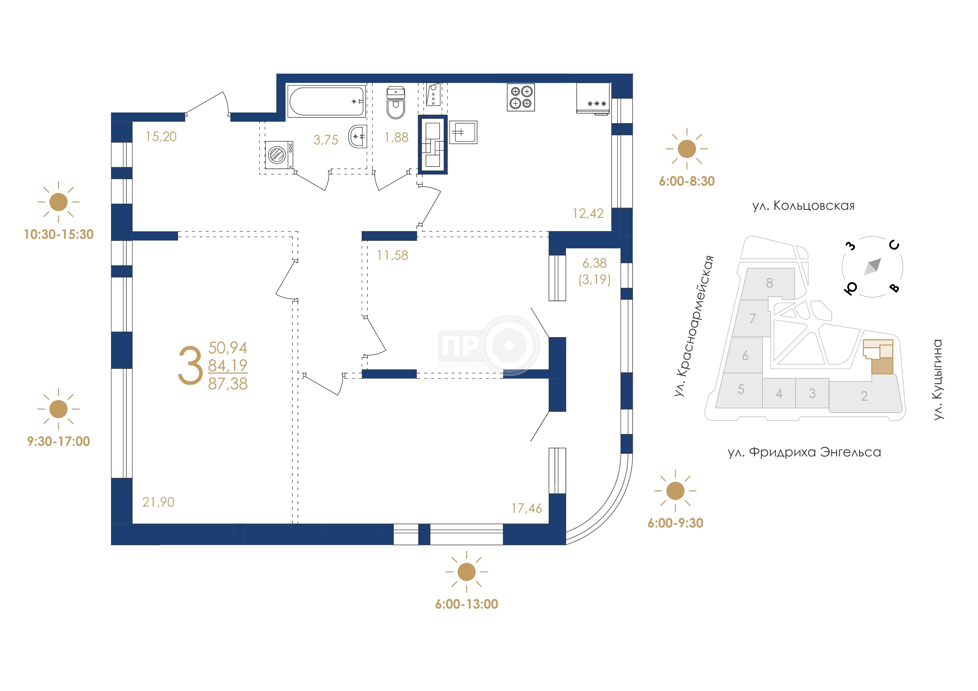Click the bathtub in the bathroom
click(x=327, y=101)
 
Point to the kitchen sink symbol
click(x=463, y=132)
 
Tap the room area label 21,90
click(x=158, y=502)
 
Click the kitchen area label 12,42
click(x=588, y=213)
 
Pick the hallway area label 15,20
click(x=161, y=137)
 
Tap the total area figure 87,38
click(x=228, y=384)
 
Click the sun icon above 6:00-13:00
click(x=466, y=572)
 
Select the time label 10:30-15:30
click(x=59, y=234)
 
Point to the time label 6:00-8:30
click(x=687, y=181)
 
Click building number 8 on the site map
click(x=769, y=283)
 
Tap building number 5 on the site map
click(x=741, y=389)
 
